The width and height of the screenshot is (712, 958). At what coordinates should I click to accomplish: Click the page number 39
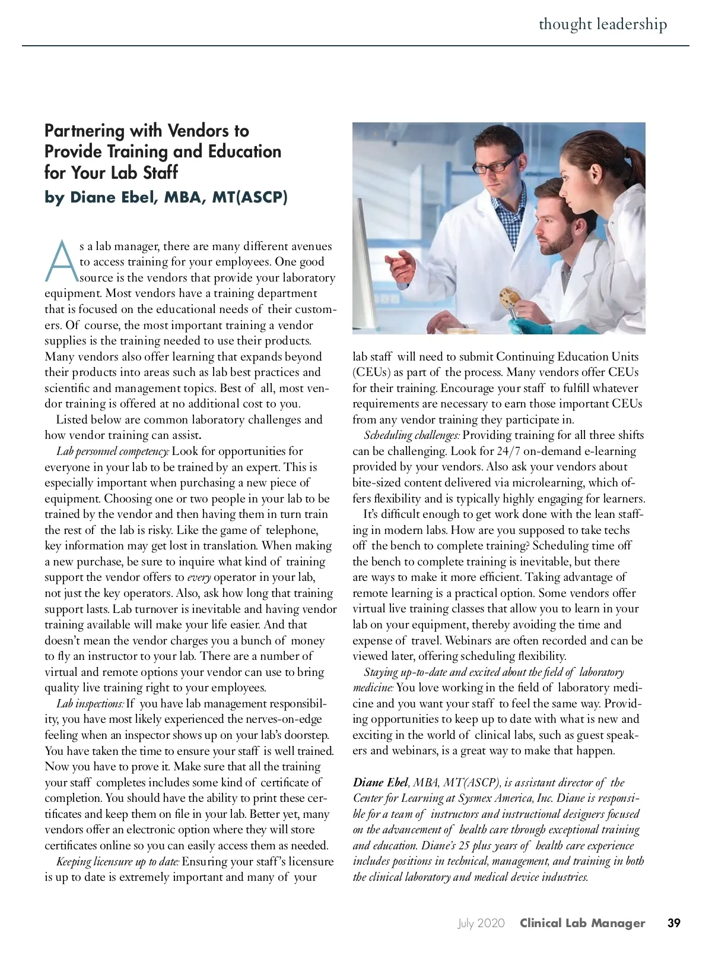click(673, 923)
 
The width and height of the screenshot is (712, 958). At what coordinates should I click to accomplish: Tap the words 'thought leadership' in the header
click(602, 24)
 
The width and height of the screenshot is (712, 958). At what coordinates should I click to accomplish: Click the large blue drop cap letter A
click(61, 262)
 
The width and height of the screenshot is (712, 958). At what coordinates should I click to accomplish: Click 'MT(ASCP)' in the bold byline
click(249, 197)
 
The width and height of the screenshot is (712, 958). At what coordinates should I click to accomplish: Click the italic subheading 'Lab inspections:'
click(90, 704)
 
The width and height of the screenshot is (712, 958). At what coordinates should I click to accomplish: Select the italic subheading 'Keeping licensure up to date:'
click(117, 862)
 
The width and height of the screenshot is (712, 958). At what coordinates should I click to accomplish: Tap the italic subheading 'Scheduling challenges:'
click(412, 435)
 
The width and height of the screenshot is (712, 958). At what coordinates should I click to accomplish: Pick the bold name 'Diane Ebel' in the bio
click(380, 783)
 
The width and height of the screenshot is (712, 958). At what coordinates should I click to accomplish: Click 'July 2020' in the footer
click(481, 923)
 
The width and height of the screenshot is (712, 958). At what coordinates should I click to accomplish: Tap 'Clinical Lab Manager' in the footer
click(582, 923)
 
